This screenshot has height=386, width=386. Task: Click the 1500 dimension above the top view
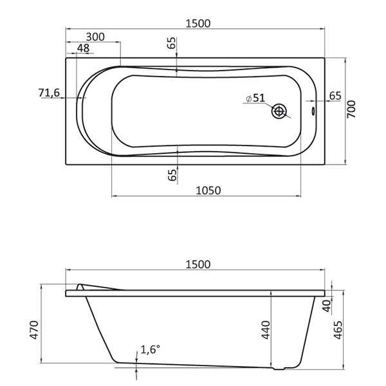(198, 23)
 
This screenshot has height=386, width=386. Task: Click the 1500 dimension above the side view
(198, 264)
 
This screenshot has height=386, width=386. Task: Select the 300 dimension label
(95, 37)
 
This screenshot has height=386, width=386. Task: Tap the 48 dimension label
(83, 48)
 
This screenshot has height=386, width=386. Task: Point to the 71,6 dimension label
(50, 93)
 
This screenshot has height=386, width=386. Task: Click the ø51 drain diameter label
(255, 98)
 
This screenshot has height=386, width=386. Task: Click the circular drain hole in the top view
(279, 111)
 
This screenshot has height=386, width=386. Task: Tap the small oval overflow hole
(313, 111)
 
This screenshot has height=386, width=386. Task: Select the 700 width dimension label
(351, 109)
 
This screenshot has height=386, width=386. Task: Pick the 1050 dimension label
(208, 190)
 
